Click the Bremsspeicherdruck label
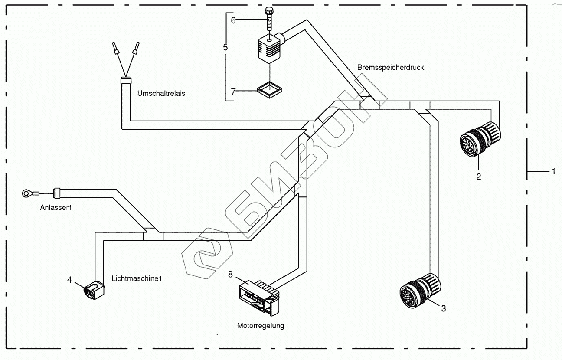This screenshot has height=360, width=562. [x=390, y=67]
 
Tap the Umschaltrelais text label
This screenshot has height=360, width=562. [x=161, y=93]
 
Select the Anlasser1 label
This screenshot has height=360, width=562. [x=55, y=208]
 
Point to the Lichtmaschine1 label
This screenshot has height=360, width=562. [x=136, y=278]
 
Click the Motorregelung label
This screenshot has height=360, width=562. [x=260, y=325]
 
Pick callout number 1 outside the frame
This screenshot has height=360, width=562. [x=553, y=172]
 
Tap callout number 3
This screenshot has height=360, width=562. [x=443, y=308]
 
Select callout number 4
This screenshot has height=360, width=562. [x=69, y=280]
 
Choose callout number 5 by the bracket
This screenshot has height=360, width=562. [x=225, y=47]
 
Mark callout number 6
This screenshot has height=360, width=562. [x=233, y=20]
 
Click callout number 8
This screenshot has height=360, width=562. [x=230, y=274]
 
